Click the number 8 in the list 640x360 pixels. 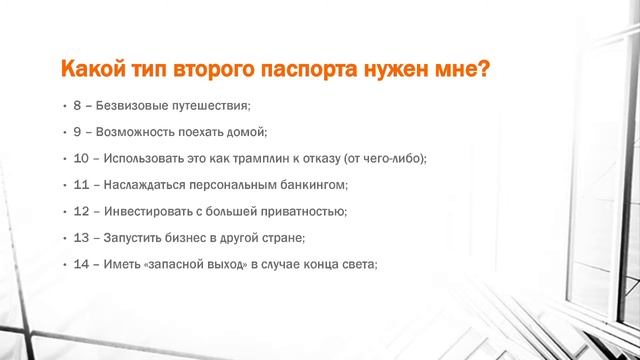77,105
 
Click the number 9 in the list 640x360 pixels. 77,131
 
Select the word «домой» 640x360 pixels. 246,131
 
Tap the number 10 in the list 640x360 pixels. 80,158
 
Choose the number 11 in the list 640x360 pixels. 80,185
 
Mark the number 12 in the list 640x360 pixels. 80,211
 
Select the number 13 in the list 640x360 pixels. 80,238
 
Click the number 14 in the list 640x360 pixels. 80,264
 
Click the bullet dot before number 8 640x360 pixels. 62,105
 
